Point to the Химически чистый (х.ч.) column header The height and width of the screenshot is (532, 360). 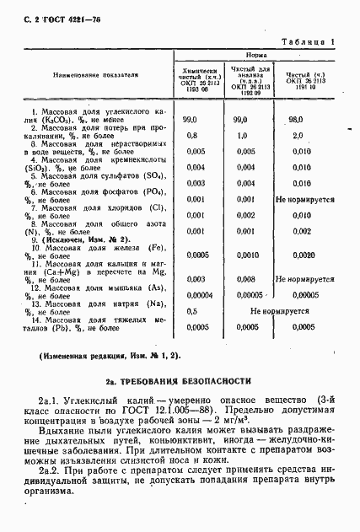pyautogui.click(x=199, y=78)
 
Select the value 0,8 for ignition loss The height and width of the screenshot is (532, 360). pyautogui.click(x=191, y=135)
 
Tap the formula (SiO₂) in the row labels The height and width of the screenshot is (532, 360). pyautogui.click(x=39, y=168)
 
